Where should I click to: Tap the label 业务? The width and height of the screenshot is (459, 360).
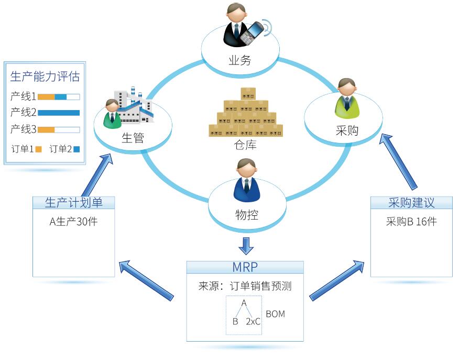pos(239,60)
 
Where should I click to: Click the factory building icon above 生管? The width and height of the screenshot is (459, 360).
pos(135,107)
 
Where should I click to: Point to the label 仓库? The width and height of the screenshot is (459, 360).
pos(245,145)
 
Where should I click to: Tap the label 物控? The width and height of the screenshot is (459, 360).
pos(247,214)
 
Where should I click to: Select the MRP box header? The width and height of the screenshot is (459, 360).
pos(245,267)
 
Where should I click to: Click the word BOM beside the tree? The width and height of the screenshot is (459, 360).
pos(276,314)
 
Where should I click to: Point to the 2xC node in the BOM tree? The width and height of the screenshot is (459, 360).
pos(253,322)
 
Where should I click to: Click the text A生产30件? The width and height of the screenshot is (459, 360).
pos(73,222)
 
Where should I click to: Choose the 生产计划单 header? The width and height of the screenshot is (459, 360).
pos(73,203)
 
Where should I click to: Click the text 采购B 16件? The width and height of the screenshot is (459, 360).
pos(411,222)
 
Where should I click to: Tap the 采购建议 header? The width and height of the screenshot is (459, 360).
pos(411,203)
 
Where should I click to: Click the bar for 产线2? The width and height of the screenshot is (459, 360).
pos(59,113)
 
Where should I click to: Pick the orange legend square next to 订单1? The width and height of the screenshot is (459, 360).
pos(38,149)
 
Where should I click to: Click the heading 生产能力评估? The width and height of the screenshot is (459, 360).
pos(45,77)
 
